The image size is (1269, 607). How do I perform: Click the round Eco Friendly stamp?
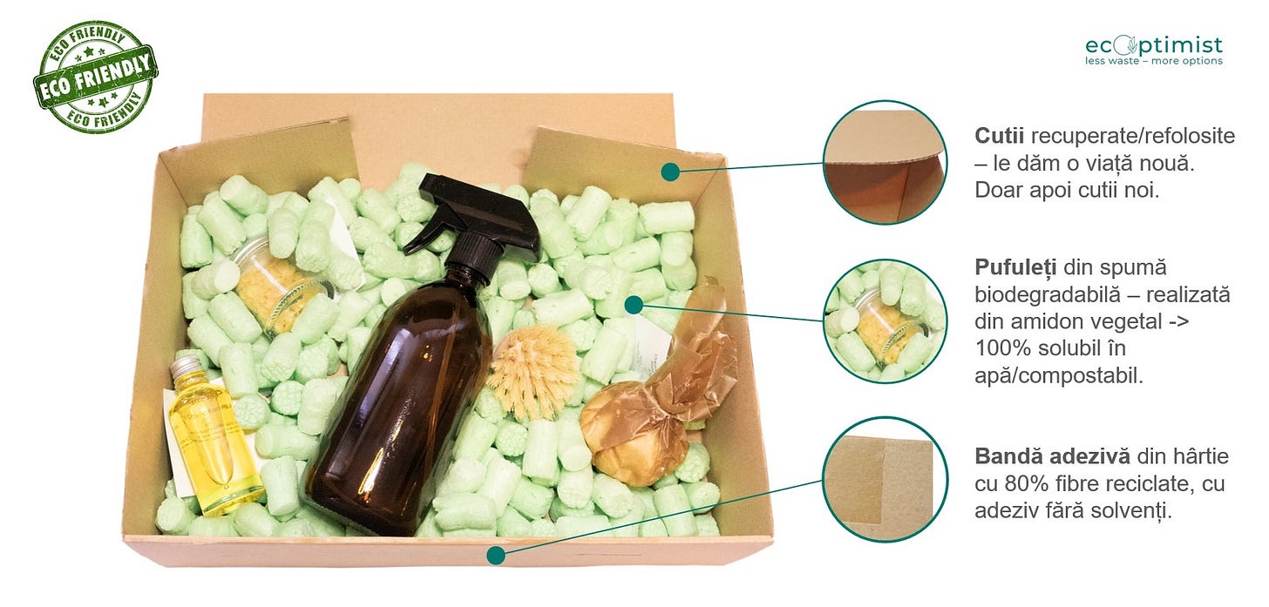pyautogui.click(x=95, y=77)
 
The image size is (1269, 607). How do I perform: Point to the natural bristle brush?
pyautogui.click(x=533, y=373)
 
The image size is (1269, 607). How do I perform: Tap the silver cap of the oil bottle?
pyautogui.click(x=186, y=367)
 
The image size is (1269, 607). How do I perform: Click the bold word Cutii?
pyautogui.click(x=999, y=136)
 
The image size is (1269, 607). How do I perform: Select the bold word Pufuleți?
pyautogui.click(x=1015, y=267)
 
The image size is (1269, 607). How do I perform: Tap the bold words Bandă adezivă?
pyautogui.click(x=1052, y=456)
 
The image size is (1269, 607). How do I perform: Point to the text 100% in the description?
pyautogui.click(x=1002, y=348)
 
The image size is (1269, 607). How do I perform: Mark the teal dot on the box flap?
pyautogui.click(x=670, y=172)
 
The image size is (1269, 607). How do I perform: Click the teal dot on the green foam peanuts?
pyautogui.click(x=634, y=305)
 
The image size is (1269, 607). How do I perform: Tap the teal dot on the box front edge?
pyautogui.click(x=496, y=556)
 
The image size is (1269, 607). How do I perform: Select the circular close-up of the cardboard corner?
pyautogui.click(x=885, y=163)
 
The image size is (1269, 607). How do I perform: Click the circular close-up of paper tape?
pyautogui.click(x=885, y=480)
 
